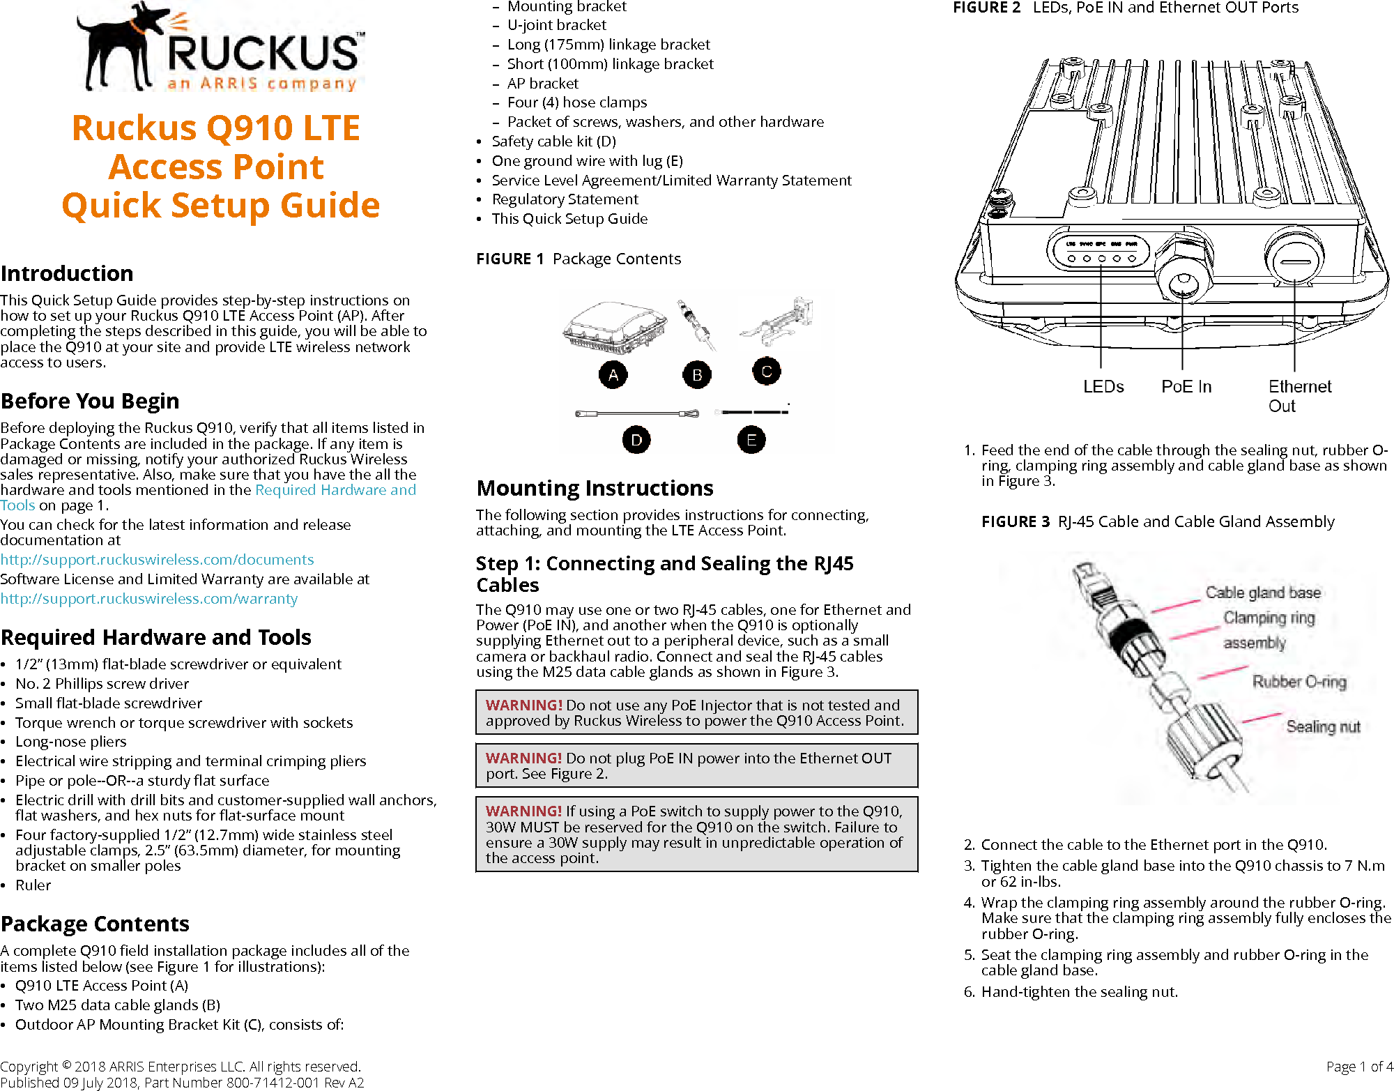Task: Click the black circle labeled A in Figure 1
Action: pos(613,375)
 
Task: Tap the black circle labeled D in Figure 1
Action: pos(636,440)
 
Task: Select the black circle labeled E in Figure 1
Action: pos(751,440)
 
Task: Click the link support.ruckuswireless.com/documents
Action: pos(157,560)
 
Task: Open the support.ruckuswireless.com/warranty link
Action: pos(148,599)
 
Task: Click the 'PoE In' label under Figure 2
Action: pos(1186,387)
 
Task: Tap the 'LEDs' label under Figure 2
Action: pos(1103,387)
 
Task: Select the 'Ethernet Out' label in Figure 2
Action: pos(1299,396)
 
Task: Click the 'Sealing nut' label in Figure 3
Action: pos(1323,727)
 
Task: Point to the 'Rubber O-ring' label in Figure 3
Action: pos(1299,682)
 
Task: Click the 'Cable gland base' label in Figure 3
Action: pos(1263,593)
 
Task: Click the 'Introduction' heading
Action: pos(67,273)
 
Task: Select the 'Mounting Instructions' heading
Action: pos(595,488)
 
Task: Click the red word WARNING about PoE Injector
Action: pos(523,705)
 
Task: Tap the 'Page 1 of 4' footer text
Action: pos(1359,1067)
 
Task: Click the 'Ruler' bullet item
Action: pos(33,885)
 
